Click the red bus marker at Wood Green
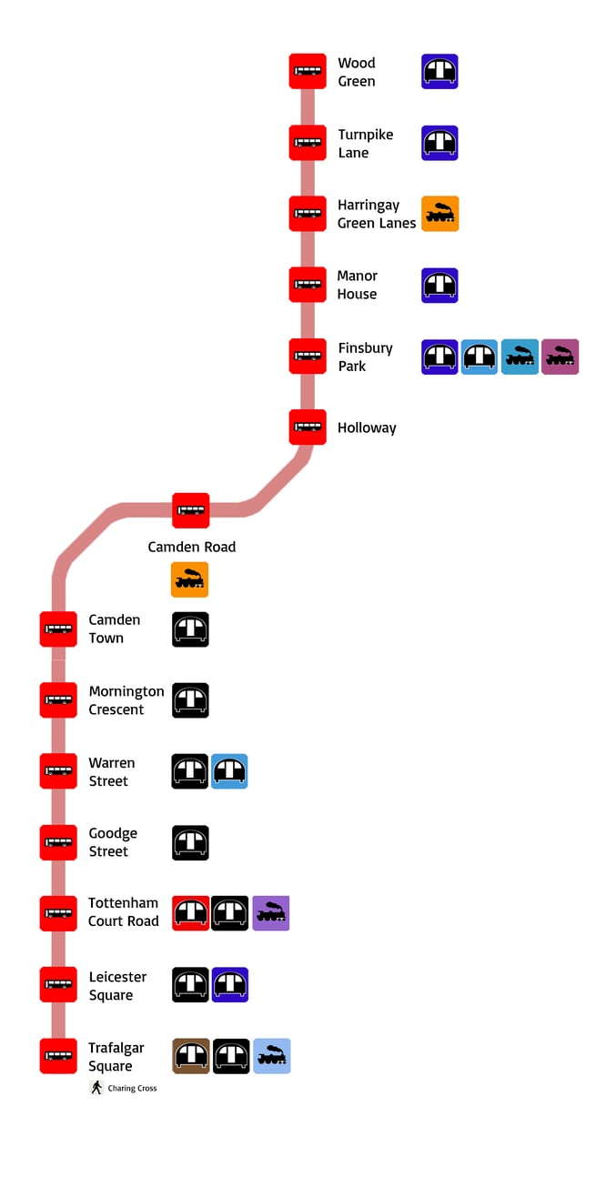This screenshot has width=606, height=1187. [308, 71]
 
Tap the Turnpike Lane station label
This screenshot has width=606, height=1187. [365, 144]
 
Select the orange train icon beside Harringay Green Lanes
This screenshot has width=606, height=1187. [440, 214]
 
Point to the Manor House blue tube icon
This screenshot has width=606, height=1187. [439, 285]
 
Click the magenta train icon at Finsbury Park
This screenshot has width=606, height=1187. [560, 357]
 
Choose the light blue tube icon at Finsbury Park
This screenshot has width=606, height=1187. [480, 357]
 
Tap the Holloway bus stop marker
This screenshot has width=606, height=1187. [308, 428]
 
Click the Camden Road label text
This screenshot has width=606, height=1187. [192, 547]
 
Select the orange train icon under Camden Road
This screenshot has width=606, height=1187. [189, 579]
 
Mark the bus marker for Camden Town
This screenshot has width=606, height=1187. [58, 629]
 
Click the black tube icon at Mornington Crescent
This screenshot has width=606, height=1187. [190, 700]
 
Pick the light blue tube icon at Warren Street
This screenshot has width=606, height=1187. [229, 771]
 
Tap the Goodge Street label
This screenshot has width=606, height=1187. [113, 842]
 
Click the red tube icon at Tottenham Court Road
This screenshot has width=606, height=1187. [190, 913]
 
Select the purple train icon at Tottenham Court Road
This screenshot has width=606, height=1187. [271, 913]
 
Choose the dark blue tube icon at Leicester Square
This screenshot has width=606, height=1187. [230, 984]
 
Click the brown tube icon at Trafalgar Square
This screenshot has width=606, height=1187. [190, 1056]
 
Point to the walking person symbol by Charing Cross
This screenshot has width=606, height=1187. [96, 1088]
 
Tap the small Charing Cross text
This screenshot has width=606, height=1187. [132, 1089]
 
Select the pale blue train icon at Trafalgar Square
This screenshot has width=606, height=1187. [271, 1056]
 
